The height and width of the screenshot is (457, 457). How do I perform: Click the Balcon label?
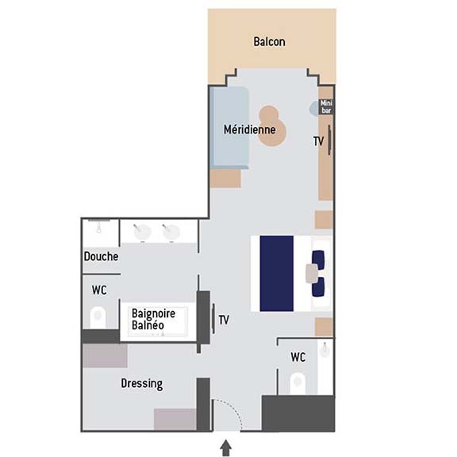[x=269, y=42]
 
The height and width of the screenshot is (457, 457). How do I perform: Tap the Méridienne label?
[x=249, y=129]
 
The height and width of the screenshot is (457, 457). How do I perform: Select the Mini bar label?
[x=326, y=106]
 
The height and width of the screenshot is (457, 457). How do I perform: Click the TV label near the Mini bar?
[x=319, y=141]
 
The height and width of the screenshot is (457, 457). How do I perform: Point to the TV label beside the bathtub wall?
[x=224, y=320]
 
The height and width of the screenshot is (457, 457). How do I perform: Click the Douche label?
[x=101, y=256]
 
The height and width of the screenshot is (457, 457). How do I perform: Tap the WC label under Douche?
[x=99, y=290]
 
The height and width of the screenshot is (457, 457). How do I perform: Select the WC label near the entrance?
[x=298, y=357]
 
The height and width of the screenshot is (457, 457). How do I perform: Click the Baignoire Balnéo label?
[x=154, y=320]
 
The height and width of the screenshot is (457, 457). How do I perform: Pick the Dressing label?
[x=142, y=383]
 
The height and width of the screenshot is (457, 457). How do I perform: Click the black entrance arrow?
[x=226, y=447]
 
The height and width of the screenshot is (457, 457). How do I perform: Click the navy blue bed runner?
[x=277, y=274]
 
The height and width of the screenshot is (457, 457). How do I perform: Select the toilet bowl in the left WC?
[x=98, y=317]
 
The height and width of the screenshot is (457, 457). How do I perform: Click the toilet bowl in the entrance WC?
[x=298, y=382]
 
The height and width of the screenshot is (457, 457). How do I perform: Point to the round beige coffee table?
[x=272, y=126]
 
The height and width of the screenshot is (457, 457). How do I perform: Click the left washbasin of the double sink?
[x=142, y=232]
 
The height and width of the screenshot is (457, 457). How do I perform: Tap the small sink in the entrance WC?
[x=325, y=349]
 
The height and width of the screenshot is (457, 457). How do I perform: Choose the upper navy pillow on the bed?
[x=318, y=259]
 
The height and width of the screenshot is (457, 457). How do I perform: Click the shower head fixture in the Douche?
[x=99, y=227]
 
